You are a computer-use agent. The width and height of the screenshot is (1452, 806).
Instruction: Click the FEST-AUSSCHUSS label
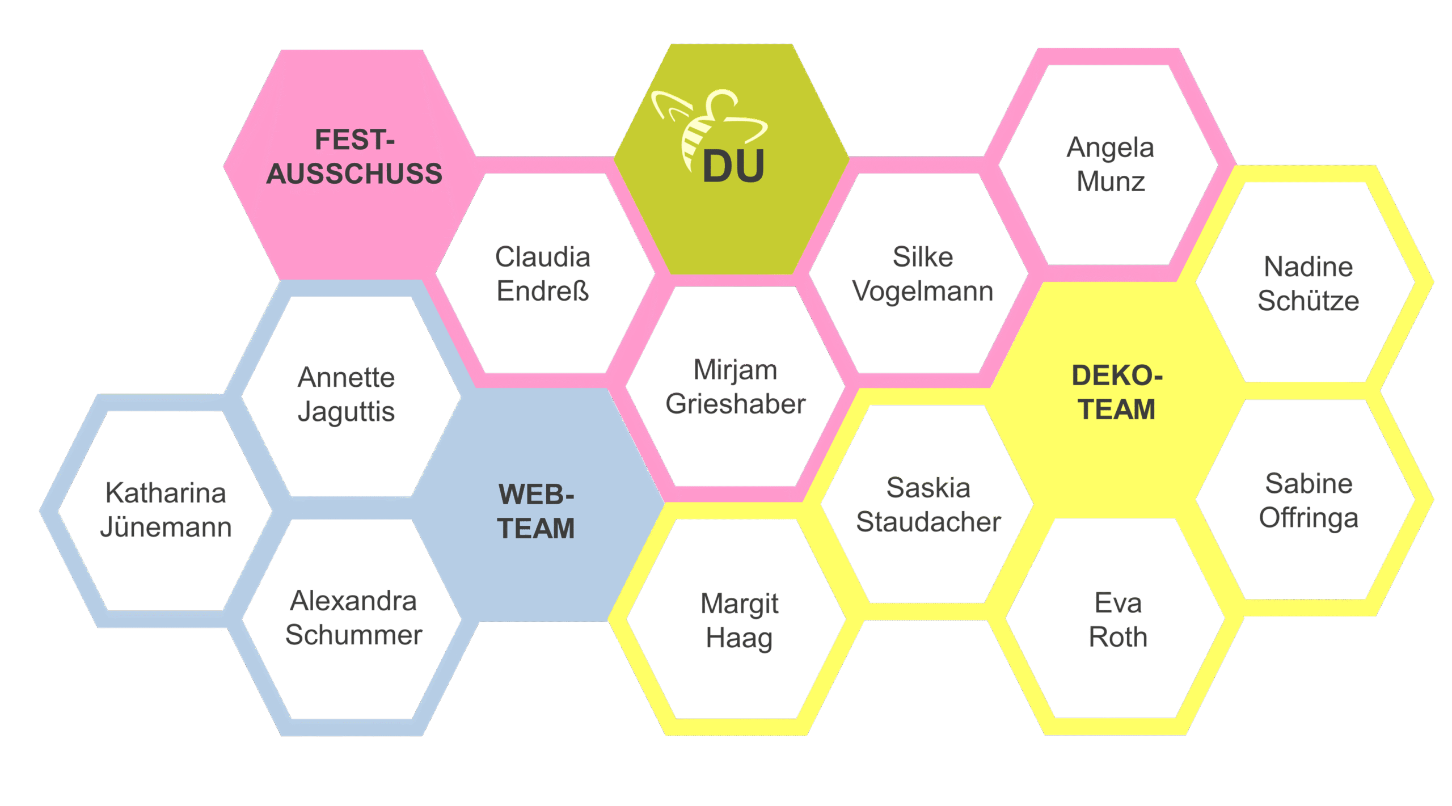tap(354, 157)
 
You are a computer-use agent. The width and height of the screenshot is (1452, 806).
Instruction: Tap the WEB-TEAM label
tap(536, 511)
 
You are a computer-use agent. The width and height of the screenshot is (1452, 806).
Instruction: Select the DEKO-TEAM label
tap(1117, 393)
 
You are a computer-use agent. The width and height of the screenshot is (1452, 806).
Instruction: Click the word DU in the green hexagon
tap(733, 167)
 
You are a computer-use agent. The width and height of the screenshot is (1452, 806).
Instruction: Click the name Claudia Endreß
tap(543, 274)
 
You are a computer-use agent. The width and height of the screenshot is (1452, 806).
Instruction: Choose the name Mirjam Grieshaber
tap(736, 387)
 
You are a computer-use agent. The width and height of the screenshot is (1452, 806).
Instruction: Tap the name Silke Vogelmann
tap(923, 274)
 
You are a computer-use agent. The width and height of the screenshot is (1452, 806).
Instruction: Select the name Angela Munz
tap(1111, 164)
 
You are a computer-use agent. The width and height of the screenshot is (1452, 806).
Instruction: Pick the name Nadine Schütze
tap(1308, 284)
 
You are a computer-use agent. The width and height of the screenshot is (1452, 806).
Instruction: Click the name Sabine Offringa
tap(1309, 501)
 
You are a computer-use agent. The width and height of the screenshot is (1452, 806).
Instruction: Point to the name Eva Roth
tap(1118, 620)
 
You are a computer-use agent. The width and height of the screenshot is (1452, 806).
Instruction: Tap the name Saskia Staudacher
tap(928, 505)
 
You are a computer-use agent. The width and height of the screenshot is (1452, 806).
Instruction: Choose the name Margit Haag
tap(739, 621)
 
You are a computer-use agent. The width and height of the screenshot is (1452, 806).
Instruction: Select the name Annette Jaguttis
tap(346, 395)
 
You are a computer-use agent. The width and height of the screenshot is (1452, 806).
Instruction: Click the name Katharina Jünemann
tap(166, 510)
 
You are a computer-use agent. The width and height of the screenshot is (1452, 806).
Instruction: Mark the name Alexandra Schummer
tap(353, 618)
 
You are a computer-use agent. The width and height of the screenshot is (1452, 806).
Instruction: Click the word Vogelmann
tap(923, 292)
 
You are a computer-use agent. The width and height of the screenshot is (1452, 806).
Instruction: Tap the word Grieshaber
tap(736, 404)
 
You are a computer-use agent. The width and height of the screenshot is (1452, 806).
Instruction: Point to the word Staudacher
tap(928, 522)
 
